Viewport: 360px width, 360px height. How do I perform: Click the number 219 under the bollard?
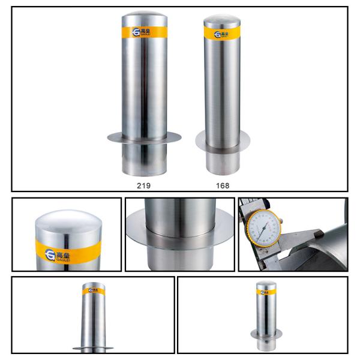point(143,185)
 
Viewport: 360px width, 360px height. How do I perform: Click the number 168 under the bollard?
point(223,185)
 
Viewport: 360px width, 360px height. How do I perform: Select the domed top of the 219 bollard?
point(144,18)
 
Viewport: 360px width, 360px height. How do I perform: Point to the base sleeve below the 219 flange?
point(144,158)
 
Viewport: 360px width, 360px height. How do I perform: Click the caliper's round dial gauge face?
point(262,230)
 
